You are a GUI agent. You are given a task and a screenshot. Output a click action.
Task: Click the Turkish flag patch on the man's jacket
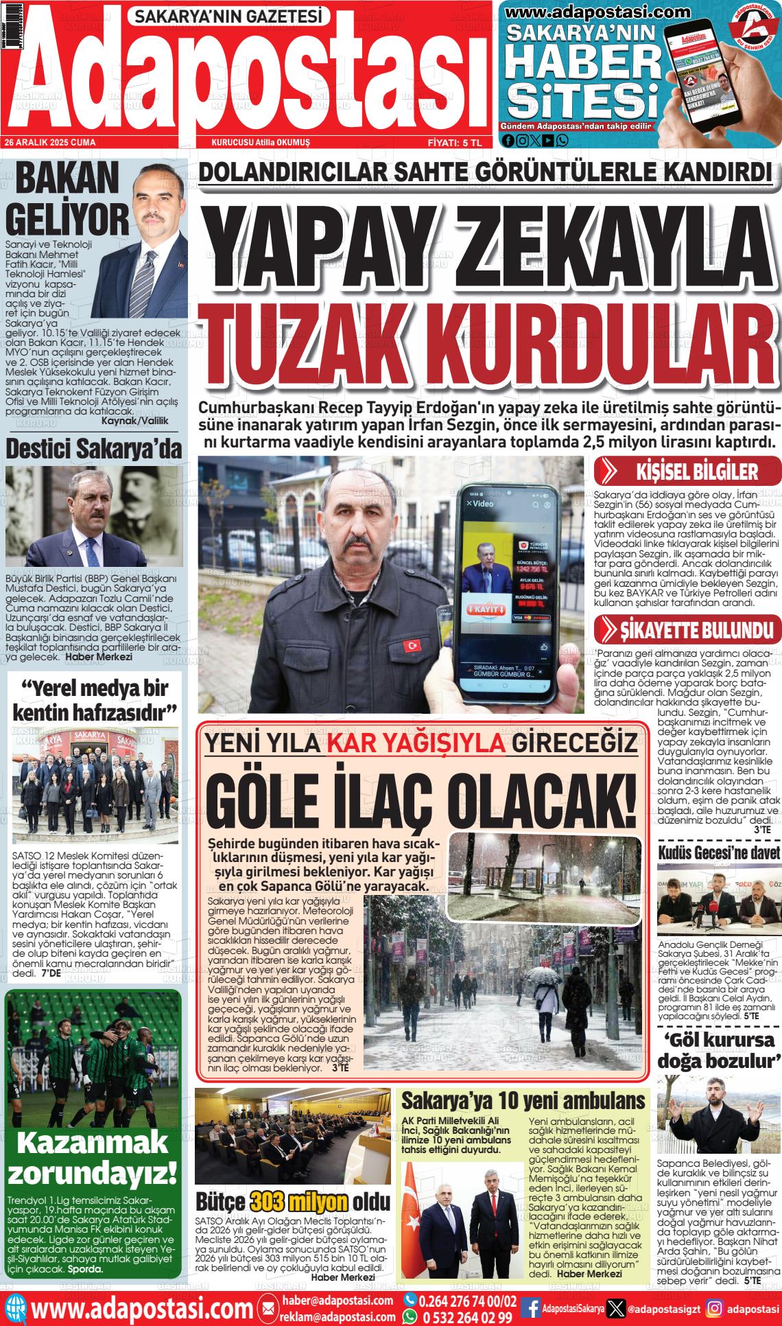413,646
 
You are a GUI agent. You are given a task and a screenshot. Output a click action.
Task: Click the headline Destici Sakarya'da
94,450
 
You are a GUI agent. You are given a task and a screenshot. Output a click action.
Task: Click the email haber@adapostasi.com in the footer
337,1300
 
